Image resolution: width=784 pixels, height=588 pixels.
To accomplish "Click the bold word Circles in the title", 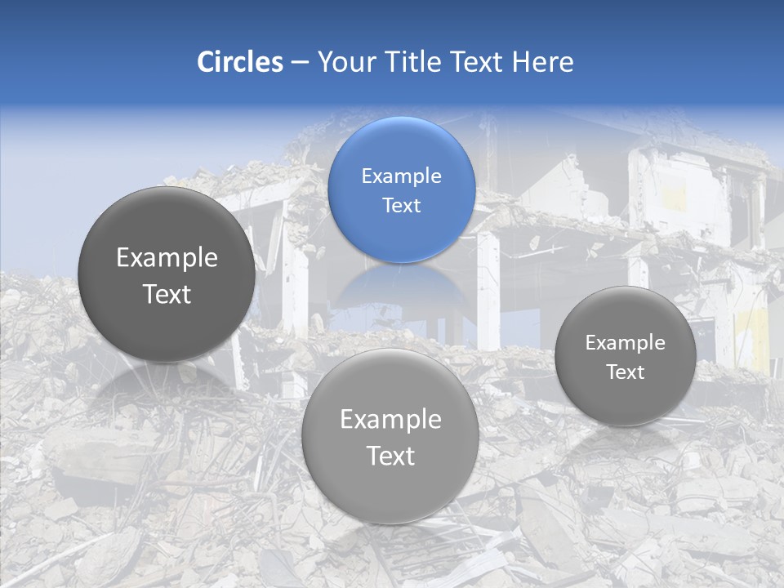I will pyautogui.click(x=240, y=62).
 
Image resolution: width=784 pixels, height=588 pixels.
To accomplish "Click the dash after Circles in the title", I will pyautogui.click(x=300, y=63).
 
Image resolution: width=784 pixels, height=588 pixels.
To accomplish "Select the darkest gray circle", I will pyautogui.click(x=167, y=274).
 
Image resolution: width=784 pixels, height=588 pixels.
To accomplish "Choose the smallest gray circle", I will pyautogui.click(x=625, y=356).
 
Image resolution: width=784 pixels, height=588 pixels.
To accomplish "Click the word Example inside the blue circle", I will pyautogui.click(x=401, y=176).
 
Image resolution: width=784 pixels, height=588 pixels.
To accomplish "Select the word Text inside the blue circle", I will pyautogui.click(x=401, y=206).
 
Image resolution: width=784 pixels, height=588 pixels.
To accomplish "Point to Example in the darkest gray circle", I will pyautogui.click(x=167, y=258).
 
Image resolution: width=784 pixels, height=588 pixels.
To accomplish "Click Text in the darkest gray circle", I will pyautogui.click(x=167, y=294).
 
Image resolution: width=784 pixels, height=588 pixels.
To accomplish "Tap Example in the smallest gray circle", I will pyautogui.click(x=625, y=343).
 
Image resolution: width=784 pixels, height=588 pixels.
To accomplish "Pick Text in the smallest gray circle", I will pyautogui.click(x=625, y=372).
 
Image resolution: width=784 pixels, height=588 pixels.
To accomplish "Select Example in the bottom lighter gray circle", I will pyautogui.click(x=390, y=420).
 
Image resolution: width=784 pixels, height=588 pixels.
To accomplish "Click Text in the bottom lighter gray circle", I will pyautogui.click(x=390, y=456).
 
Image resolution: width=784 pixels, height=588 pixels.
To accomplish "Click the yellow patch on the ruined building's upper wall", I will pyautogui.click(x=675, y=198).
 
